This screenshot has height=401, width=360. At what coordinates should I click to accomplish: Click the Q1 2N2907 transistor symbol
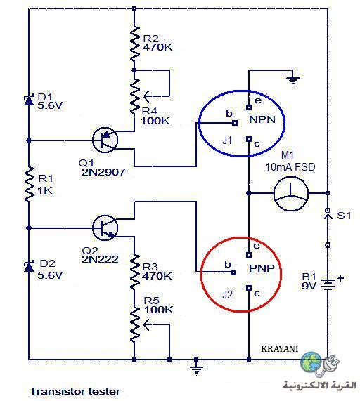point(105,140)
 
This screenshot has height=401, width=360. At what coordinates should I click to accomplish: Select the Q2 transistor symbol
point(105,228)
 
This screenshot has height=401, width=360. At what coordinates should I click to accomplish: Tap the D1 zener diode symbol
point(29,100)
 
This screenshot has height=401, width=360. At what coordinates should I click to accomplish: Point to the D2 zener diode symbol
point(29,266)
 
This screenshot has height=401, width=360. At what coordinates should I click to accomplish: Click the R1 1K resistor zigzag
point(29,183)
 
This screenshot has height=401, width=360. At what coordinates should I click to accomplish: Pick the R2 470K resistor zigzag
point(134,44)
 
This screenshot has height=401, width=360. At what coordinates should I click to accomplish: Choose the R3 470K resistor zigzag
point(134,272)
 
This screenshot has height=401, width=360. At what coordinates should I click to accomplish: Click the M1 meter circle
point(291,193)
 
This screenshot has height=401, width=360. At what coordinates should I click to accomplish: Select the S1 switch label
point(344,216)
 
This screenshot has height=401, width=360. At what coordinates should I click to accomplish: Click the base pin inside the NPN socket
point(235,123)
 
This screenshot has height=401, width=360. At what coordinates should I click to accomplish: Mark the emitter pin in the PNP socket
point(249,255)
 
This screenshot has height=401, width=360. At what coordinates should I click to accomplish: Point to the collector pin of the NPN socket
point(249,139)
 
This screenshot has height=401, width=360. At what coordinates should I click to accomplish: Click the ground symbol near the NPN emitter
point(293,81)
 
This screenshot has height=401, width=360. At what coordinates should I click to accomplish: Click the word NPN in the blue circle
point(262,119)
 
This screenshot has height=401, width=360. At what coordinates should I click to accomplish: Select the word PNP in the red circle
point(262,268)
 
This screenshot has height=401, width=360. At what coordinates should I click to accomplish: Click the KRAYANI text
point(280,349)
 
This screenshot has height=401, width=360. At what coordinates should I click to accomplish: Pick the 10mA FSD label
point(290,167)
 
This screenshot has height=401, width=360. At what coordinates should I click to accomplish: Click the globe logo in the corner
point(311,362)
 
